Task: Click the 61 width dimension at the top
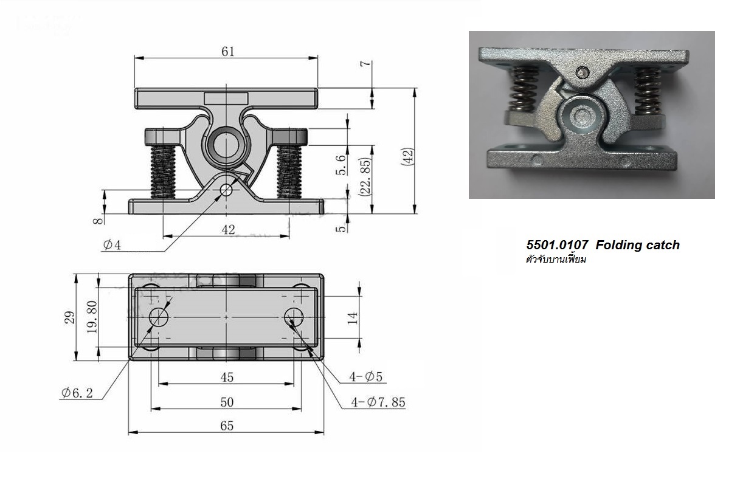click(227, 52)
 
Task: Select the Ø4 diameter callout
click(112, 246)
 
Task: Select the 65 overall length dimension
click(226, 426)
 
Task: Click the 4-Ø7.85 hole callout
click(378, 402)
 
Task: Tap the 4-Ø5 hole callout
click(366, 377)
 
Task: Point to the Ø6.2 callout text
click(77, 393)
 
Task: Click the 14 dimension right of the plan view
click(353, 317)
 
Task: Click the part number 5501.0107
click(557, 245)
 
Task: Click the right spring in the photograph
click(647, 91)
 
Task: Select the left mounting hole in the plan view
click(159, 317)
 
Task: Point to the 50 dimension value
click(226, 402)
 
